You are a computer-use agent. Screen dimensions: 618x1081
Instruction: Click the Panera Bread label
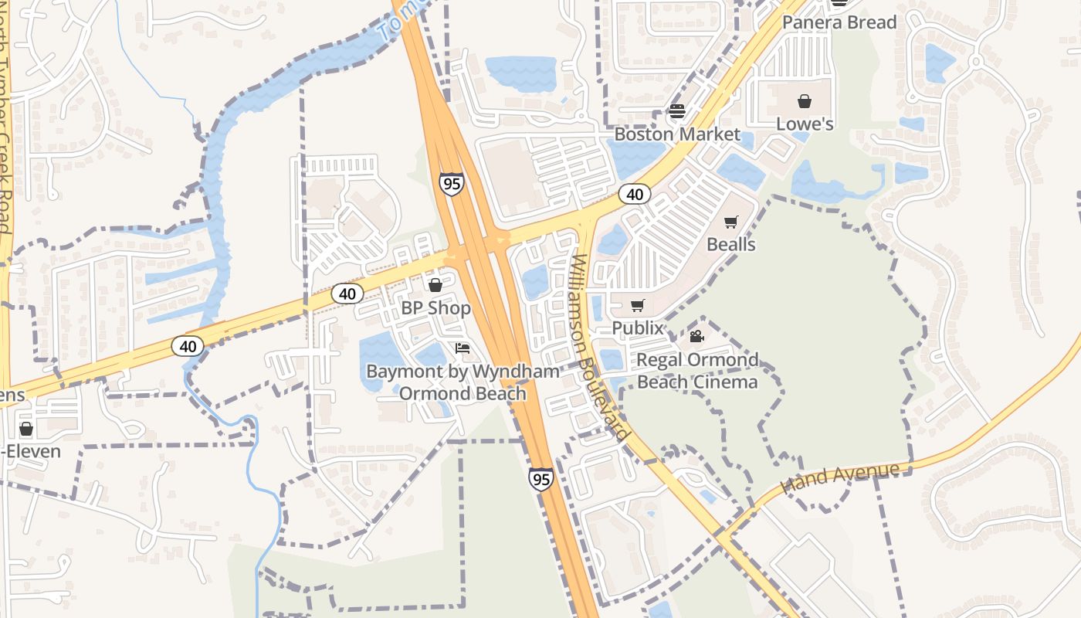coord(839,22)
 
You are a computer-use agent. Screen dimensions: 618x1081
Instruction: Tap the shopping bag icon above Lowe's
coord(805,101)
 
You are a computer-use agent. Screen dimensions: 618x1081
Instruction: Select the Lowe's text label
coord(805,124)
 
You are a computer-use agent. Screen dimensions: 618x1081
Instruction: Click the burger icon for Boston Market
coord(677,111)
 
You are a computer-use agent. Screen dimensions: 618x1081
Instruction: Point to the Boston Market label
coord(677,134)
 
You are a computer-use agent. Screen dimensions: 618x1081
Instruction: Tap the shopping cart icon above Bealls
coord(730,222)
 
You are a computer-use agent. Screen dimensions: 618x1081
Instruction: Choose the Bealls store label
coord(730,244)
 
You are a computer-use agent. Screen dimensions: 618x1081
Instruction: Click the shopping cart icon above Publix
coord(637,306)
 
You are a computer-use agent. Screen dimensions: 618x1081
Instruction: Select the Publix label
coord(638,328)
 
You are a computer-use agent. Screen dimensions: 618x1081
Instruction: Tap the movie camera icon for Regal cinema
coord(696,336)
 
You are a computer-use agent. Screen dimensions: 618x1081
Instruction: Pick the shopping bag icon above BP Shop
coord(435,285)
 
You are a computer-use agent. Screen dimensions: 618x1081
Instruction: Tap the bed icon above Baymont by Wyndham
coord(463,348)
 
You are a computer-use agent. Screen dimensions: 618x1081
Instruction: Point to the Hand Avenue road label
coord(840,477)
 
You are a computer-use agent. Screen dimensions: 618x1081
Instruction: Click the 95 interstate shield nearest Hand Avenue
coord(541,479)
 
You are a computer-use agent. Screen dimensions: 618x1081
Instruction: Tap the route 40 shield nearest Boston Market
coord(635,194)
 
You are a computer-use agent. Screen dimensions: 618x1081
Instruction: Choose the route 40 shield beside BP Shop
coord(347,294)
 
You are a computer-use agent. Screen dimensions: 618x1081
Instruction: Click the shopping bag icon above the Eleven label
coord(26,429)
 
